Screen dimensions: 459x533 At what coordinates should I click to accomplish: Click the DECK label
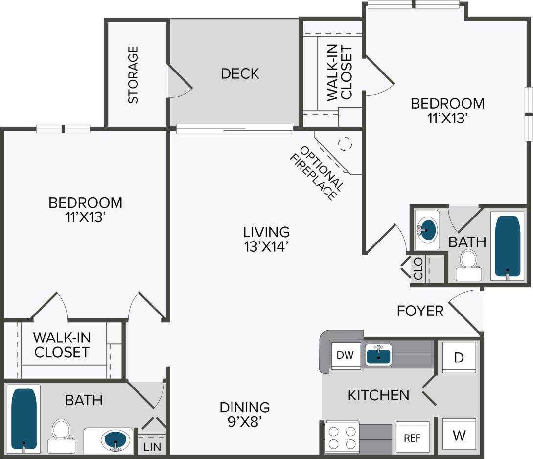pyautogui.click(x=240, y=74)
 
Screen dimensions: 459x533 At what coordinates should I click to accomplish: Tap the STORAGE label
pyautogui.click(x=133, y=74)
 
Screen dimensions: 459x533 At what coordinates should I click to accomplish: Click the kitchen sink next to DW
pyautogui.click(x=378, y=354)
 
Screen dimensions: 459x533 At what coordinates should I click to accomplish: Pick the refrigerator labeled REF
pyautogui.click(x=412, y=437)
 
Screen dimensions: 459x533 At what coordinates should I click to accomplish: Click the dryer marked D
pyautogui.click(x=459, y=358)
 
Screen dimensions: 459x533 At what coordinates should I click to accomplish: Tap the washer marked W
pyautogui.click(x=459, y=434)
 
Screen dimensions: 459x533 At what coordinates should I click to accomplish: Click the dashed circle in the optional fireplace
pyautogui.click(x=346, y=144)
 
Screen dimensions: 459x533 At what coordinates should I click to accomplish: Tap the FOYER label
pyautogui.click(x=420, y=311)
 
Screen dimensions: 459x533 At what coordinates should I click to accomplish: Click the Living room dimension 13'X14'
pyautogui.click(x=267, y=247)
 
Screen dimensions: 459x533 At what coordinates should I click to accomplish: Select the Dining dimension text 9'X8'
pyautogui.click(x=245, y=422)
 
